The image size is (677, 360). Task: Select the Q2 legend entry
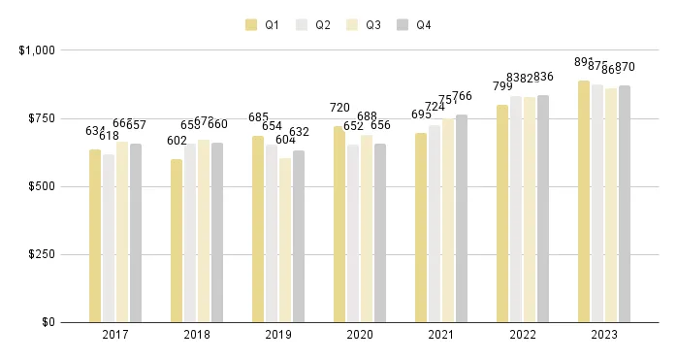[314, 24]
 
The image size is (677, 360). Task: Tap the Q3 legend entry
[365, 24]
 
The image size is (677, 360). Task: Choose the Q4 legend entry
[415, 24]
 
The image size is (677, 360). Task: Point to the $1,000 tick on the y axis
[37, 49]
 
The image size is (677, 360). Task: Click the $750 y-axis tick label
[41, 118]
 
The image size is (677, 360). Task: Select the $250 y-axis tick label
[41, 254]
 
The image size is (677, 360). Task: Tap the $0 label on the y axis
[47, 322]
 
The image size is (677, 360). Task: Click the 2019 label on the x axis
[278, 335]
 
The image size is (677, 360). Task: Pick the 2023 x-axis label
[604, 335]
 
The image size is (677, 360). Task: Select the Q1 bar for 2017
[95, 236]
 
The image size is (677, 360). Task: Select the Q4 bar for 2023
[625, 204]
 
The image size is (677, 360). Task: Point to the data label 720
[339, 108]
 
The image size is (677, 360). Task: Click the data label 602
[177, 141]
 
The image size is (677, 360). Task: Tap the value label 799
[502, 86]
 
